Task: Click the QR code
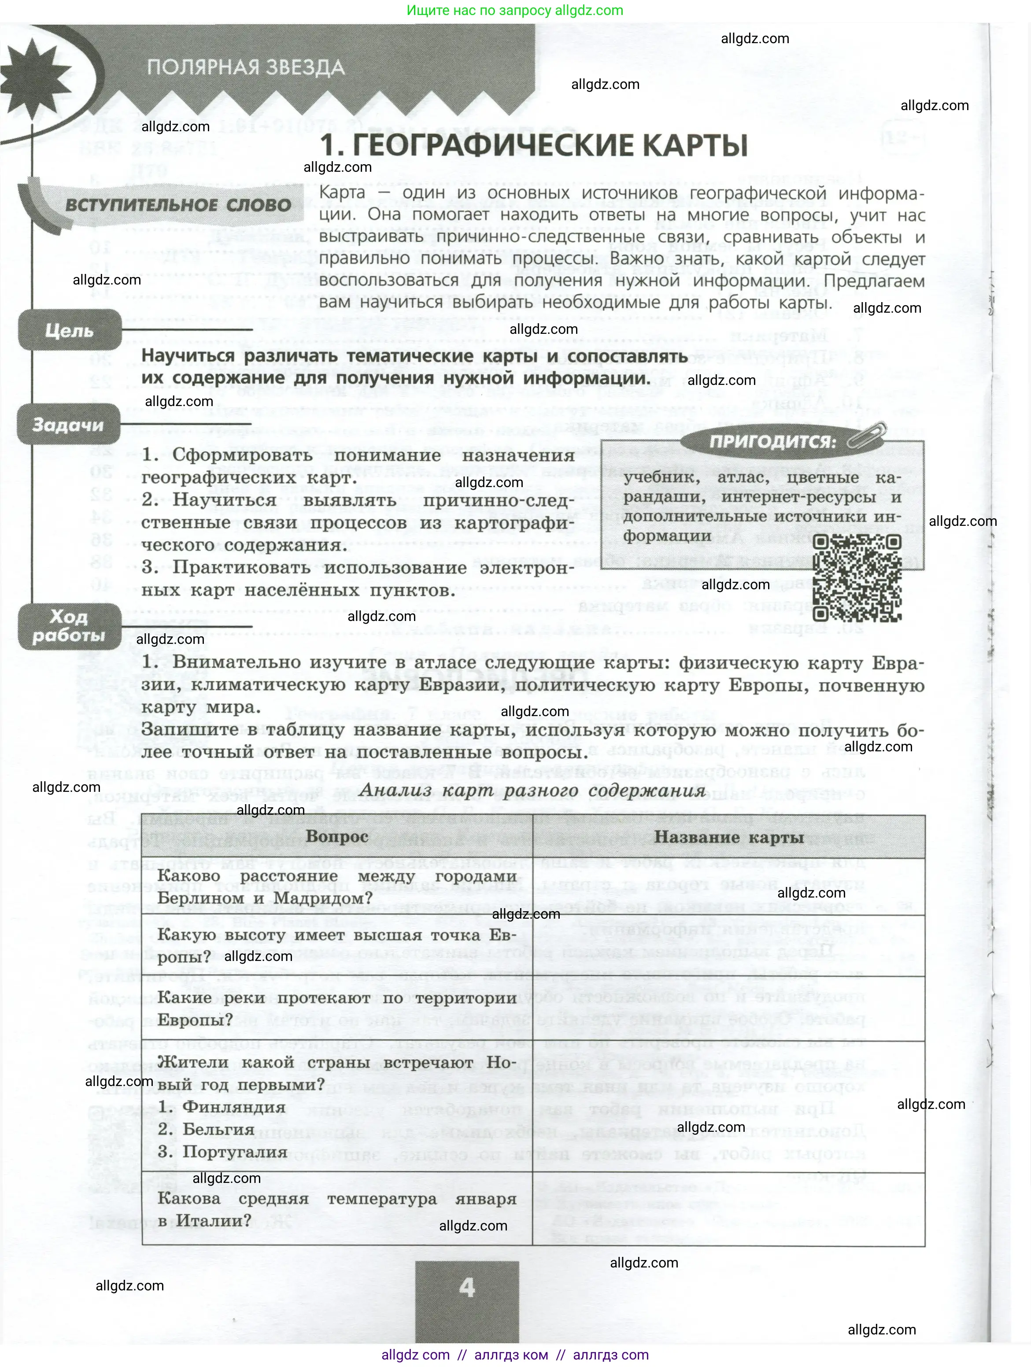(856, 578)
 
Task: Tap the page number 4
(467, 1287)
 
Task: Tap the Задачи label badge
(68, 425)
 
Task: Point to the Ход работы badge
(69, 625)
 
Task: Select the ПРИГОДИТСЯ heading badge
(772, 441)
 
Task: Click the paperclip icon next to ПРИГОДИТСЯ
(867, 434)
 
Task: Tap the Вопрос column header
(337, 837)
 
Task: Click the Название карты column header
(729, 837)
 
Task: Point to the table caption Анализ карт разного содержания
(532, 791)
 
